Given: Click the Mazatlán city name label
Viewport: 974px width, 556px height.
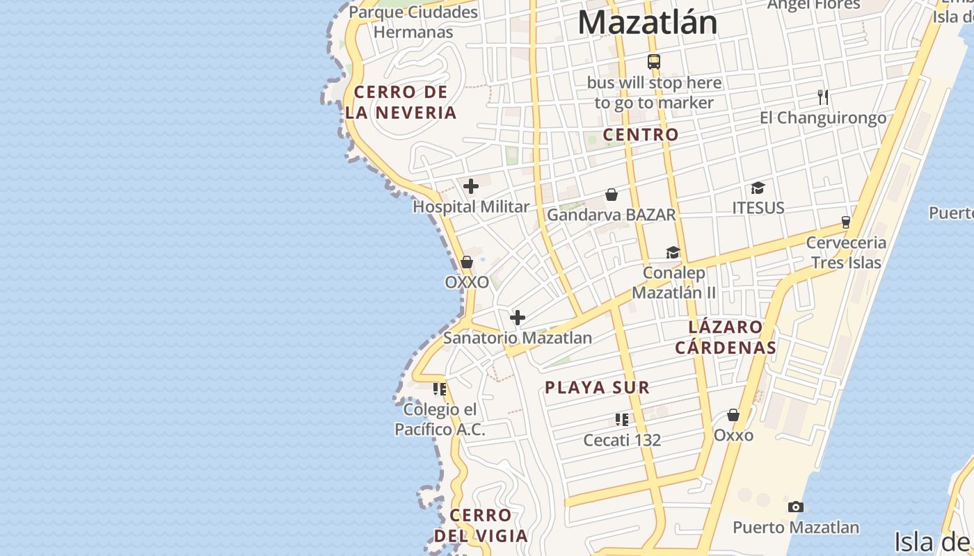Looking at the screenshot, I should point(647,22).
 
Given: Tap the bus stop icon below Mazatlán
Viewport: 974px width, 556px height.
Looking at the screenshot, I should point(653,61).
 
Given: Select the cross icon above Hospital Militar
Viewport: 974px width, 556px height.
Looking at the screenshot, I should point(471,186).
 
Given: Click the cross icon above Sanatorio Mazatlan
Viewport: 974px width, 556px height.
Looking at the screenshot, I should point(518,318).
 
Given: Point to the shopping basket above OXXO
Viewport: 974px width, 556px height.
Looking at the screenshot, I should point(467,262).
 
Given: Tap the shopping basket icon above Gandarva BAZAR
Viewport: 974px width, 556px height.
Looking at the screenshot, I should point(612,195).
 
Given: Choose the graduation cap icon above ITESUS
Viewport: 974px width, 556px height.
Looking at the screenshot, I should point(758,188).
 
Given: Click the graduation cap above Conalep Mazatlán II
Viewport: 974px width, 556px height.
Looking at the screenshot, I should point(673,252).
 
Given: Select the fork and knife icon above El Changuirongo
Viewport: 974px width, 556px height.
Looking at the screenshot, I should point(823,97).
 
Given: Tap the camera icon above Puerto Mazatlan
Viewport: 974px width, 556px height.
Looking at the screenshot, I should point(796,507).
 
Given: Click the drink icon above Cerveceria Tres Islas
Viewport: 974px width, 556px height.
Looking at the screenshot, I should point(846,222).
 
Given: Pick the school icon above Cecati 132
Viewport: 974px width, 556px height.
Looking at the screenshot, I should point(622,419).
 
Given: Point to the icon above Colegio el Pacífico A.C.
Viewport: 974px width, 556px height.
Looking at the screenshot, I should point(439,389).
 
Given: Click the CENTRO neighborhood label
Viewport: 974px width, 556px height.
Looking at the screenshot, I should point(640,135).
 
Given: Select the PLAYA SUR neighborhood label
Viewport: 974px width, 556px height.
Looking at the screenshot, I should point(597,388).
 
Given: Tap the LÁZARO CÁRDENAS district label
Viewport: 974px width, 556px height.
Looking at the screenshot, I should point(725,337).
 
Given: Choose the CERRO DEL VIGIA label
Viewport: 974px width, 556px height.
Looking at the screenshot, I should point(481,525).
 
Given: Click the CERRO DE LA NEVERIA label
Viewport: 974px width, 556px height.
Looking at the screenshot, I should point(401,102).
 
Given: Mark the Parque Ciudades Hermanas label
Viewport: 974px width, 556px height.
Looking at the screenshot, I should point(413,22).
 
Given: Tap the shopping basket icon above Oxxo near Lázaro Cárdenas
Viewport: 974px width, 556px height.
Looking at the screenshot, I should point(733,415).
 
